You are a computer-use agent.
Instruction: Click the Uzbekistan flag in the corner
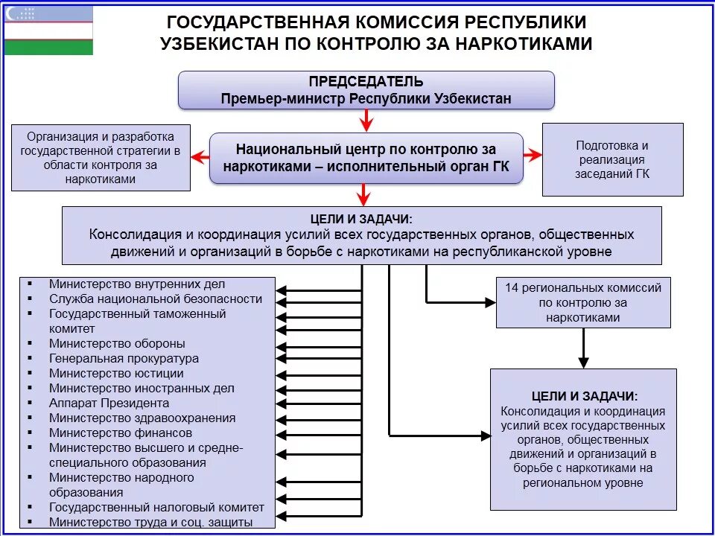[48, 30]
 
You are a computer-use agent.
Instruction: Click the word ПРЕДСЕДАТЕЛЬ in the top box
[366, 81]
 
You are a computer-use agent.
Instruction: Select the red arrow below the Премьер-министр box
[364, 120]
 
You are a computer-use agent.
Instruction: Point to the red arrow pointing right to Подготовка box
[532, 155]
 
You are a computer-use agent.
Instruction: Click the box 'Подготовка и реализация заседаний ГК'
[612, 159]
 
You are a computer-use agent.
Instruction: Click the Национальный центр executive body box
[366, 158]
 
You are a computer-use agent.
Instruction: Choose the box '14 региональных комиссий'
[583, 302]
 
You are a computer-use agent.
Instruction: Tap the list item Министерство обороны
[117, 344]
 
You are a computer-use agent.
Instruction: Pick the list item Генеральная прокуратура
[124, 359]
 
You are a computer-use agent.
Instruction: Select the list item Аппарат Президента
[109, 403]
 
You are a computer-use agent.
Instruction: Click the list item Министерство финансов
[121, 433]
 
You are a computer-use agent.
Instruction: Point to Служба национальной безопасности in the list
[156, 299]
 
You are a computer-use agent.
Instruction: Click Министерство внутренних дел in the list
[137, 284]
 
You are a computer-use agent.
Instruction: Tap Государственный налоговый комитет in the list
[156, 508]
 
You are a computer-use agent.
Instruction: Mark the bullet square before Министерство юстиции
[30, 374]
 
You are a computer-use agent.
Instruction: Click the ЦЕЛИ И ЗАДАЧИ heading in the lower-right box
[583, 397]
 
